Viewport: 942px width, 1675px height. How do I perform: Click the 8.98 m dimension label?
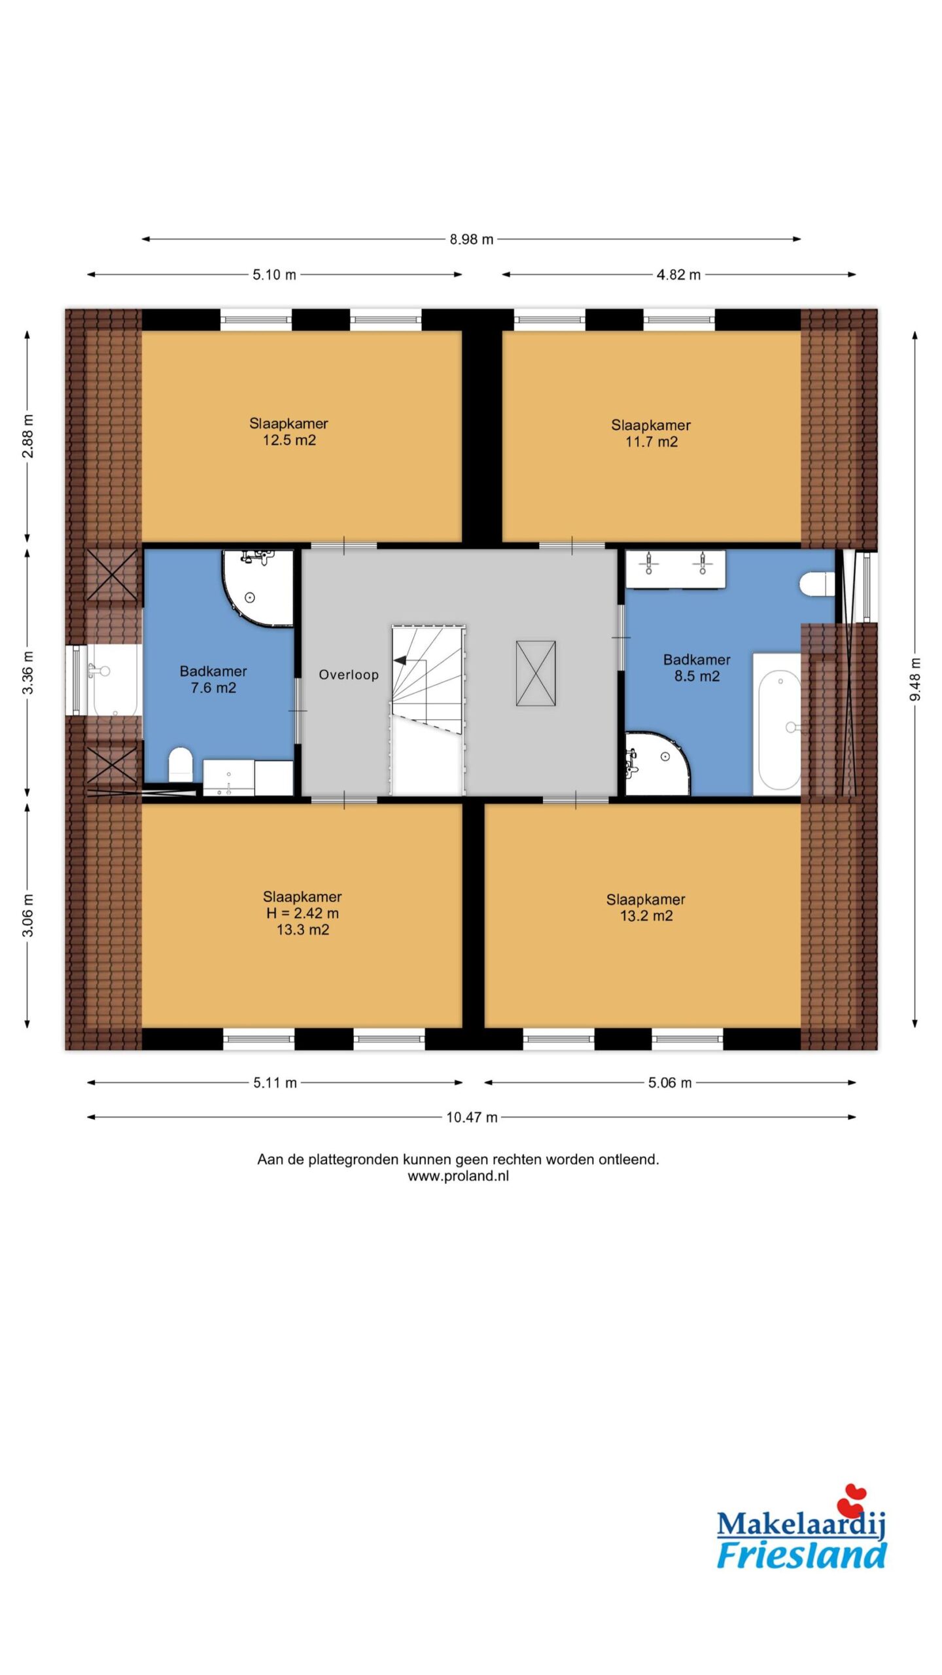(x=471, y=239)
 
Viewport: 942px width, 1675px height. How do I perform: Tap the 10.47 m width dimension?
(x=472, y=1118)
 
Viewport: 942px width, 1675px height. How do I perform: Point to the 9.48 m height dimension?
(x=915, y=679)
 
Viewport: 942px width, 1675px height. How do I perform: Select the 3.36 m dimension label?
(x=27, y=673)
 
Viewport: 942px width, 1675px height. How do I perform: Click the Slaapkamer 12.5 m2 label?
(x=288, y=432)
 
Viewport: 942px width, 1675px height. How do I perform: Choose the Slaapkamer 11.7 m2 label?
(x=651, y=433)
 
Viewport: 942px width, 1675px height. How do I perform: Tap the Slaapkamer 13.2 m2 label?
(x=646, y=908)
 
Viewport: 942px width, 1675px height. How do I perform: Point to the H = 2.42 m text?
(x=302, y=913)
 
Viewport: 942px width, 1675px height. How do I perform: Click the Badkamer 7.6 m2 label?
(x=213, y=679)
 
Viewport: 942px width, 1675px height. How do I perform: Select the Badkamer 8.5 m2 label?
(x=697, y=667)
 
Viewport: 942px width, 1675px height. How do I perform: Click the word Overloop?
(x=349, y=675)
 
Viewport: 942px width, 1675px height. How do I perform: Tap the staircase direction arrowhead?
(x=400, y=660)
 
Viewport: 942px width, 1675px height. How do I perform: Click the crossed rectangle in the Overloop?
(x=536, y=673)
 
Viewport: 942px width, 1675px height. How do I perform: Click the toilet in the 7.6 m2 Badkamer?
(x=181, y=764)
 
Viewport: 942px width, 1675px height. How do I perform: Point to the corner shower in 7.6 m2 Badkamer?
(x=258, y=588)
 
